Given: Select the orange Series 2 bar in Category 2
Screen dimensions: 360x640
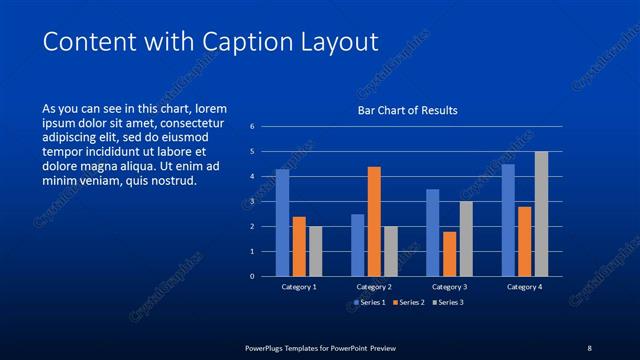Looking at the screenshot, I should pyautogui.click(x=374, y=221).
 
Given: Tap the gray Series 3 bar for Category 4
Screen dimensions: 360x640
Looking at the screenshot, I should pyautogui.click(x=541, y=213).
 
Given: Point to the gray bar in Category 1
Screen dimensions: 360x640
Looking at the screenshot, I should pyautogui.click(x=315, y=251).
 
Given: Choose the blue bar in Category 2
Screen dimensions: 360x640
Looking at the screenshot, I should pyautogui.click(x=358, y=245).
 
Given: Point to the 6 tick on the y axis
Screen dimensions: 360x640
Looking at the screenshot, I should pyautogui.click(x=253, y=127).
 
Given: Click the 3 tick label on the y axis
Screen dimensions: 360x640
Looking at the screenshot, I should pyautogui.click(x=253, y=201).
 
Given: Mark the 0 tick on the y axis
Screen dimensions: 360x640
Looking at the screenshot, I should pyautogui.click(x=253, y=276).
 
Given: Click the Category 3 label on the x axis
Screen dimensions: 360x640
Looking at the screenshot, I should pyautogui.click(x=449, y=287).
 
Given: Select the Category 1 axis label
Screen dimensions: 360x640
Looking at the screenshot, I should pyautogui.click(x=299, y=287).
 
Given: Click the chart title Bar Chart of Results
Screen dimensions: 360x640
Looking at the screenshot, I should pyautogui.click(x=408, y=110).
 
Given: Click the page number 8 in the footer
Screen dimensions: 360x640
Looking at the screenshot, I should pyautogui.click(x=589, y=347).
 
